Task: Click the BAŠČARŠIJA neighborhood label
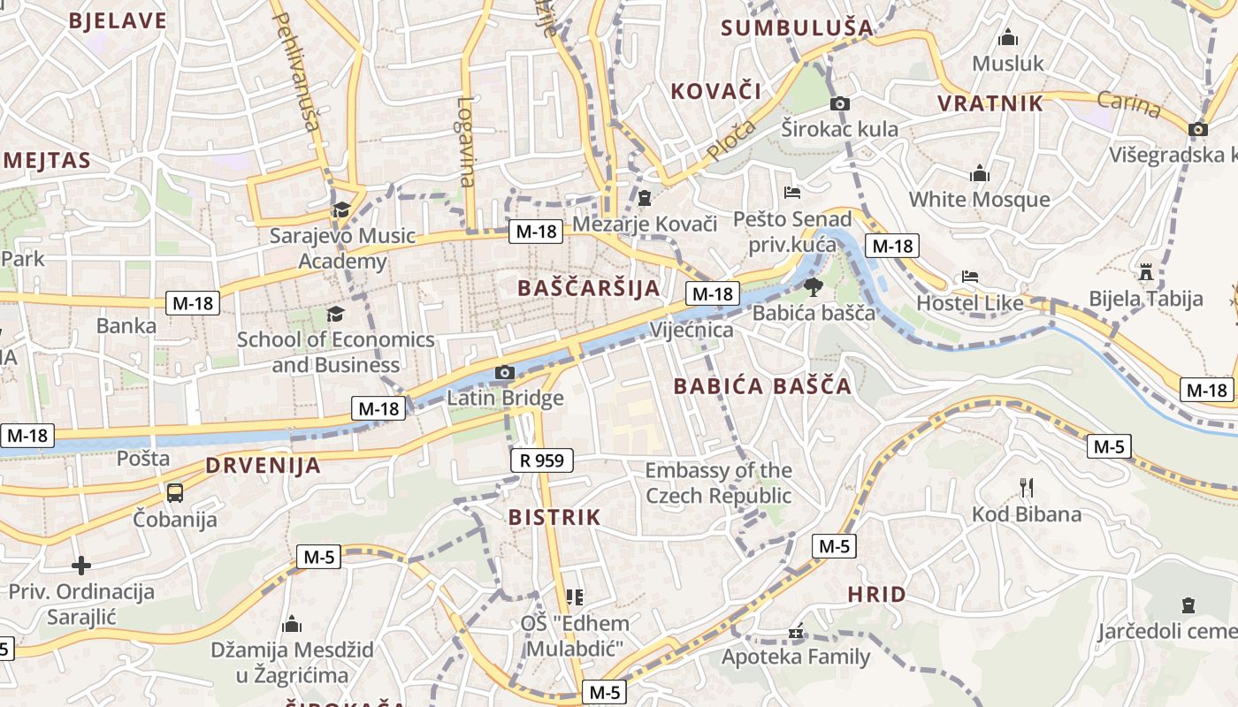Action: [588, 288]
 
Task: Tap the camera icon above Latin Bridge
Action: [505, 373]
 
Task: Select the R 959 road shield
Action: [542, 460]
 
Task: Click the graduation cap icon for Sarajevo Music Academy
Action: [340, 209]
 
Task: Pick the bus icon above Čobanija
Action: [175, 493]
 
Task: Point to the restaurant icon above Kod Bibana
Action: [1027, 487]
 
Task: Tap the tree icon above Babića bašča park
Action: [814, 286]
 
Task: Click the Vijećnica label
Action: [692, 331]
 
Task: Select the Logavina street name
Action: [466, 141]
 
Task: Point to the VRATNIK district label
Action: [990, 103]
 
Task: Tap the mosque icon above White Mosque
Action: [980, 174]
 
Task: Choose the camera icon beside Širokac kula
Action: [840, 103]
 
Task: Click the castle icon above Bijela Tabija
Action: [1147, 271]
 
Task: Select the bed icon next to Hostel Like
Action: [970, 277]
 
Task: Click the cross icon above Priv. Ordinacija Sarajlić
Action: [81, 566]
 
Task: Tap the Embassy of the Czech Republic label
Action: [718, 483]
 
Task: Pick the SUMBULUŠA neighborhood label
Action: [797, 28]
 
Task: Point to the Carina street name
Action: [1129, 104]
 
